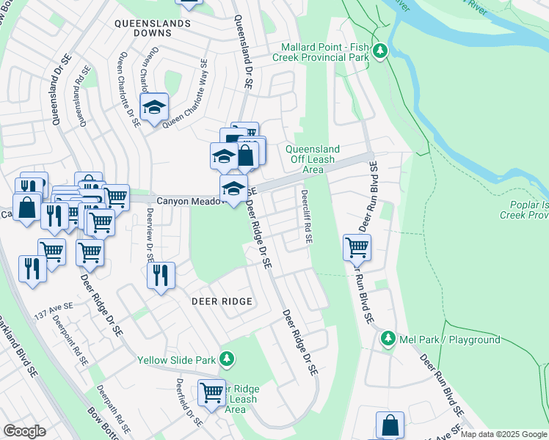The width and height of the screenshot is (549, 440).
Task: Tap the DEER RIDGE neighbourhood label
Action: click(x=222, y=301)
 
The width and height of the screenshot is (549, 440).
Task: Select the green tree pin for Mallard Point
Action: click(x=379, y=51)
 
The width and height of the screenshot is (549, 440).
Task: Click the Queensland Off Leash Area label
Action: click(x=315, y=159)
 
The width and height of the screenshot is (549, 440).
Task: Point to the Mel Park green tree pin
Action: click(x=388, y=340)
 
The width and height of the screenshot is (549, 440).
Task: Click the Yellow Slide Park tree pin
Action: click(x=228, y=359)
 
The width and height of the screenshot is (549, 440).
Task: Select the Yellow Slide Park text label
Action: click(x=176, y=360)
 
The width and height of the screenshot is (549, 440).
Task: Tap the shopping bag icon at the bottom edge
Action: click(x=390, y=425)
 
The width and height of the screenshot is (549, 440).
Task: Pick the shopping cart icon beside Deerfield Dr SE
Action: click(x=211, y=392)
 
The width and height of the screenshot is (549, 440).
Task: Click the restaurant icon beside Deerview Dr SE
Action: click(x=160, y=276)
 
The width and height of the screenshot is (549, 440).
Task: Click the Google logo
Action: click(x=24, y=431)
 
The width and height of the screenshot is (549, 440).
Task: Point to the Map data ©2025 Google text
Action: click(x=503, y=434)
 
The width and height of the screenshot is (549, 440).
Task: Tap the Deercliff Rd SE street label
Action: click(x=306, y=216)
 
